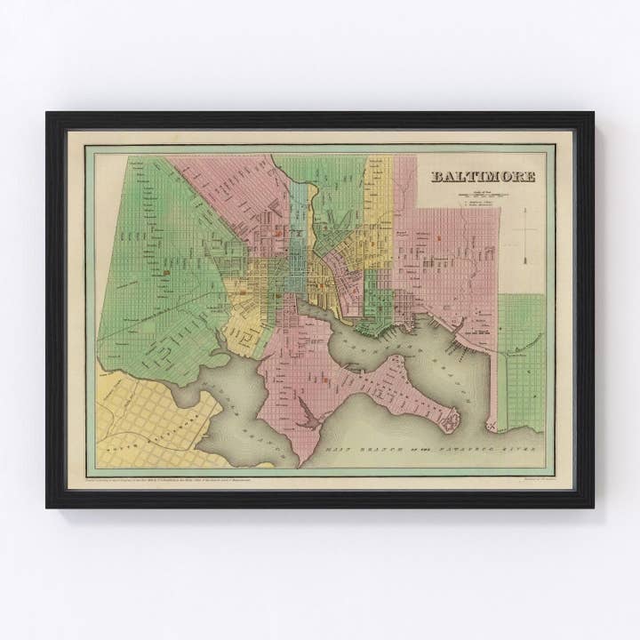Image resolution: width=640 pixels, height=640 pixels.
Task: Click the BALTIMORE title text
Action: point(483,176)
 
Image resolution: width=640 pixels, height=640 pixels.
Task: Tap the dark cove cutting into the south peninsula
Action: point(306,410)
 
